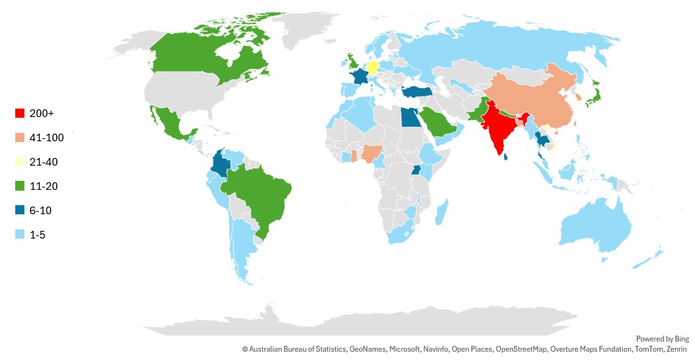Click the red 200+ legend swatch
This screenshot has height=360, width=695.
(x=20, y=113)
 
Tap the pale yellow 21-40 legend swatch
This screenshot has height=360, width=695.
(x=20, y=162)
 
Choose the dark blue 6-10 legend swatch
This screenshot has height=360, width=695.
(x=20, y=210)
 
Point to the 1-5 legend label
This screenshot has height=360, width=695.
(x=38, y=235)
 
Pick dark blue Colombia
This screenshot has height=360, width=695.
(x=221, y=164)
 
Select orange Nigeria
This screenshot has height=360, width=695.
(x=371, y=154)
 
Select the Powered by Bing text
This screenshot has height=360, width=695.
(x=662, y=339)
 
